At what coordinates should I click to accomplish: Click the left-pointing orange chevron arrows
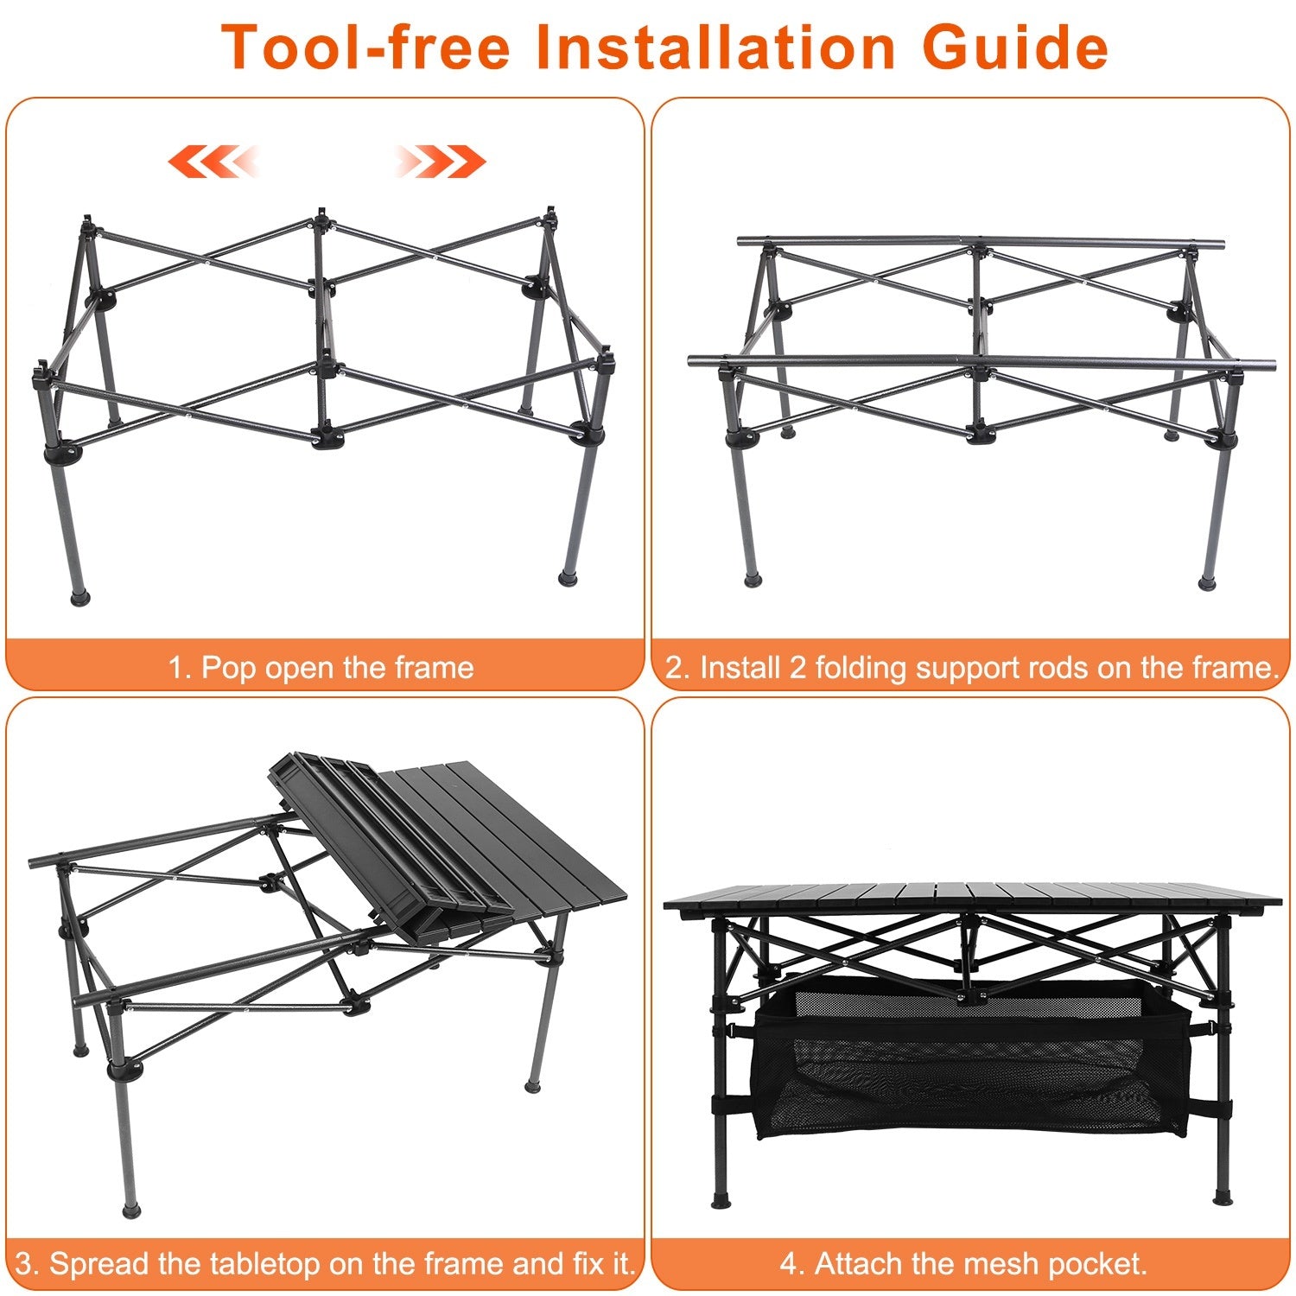213,162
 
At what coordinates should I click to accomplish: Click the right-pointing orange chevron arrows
441,162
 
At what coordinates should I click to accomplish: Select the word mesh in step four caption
949,1264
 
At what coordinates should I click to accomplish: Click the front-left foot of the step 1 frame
79,595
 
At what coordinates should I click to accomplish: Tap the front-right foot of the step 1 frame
568,578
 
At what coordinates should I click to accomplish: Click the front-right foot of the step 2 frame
1207,583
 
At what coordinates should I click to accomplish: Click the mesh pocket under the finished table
968,1071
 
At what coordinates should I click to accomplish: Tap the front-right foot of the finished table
1222,1198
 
